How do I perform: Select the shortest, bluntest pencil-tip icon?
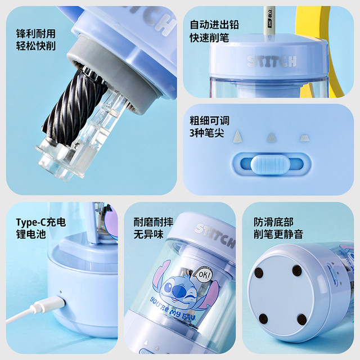(x=304, y=138)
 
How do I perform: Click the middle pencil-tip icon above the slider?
(x=271, y=137)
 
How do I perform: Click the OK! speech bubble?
(x=202, y=275)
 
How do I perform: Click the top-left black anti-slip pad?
(x=259, y=272)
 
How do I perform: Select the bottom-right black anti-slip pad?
(x=302, y=319)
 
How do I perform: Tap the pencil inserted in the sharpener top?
(x=269, y=22)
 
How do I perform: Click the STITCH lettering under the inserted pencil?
(x=272, y=61)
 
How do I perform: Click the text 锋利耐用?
(x=36, y=34)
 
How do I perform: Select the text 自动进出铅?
(x=214, y=25)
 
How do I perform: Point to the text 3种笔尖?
(x=206, y=133)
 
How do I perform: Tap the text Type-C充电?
(x=41, y=222)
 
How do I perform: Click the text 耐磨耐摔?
(x=154, y=222)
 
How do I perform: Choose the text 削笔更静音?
(x=278, y=234)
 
